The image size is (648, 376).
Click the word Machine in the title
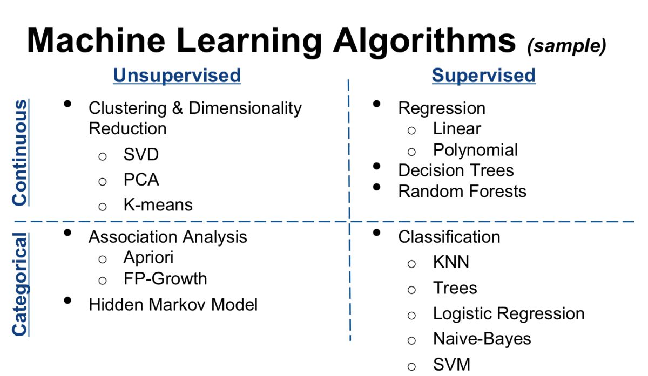click(x=96, y=40)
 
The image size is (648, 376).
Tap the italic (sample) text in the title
click(x=566, y=46)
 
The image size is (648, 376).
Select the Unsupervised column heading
click(x=177, y=76)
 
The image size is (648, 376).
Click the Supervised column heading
click(x=483, y=76)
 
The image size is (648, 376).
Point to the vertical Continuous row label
click(x=19, y=152)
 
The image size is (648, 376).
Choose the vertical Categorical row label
click(x=21, y=284)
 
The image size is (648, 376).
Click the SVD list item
click(x=141, y=154)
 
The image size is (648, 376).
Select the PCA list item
click(x=141, y=180)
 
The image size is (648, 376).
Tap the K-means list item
click(x=158, y=204)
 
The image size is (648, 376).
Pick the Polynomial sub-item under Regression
click(x=475, y=151)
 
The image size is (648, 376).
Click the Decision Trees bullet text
click(x=456, y=170)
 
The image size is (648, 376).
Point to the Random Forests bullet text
click(x=462, y=191)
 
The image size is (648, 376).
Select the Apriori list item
click(x=148, y=257)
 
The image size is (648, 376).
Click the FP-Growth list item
click(x=165, y=278)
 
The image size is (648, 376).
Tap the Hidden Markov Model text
click(x=173, y=304)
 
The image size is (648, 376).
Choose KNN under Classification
click(x=451, y=262)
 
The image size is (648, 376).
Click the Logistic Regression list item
click(x=509, y=314)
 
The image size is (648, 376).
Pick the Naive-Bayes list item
click(x=482, y=339)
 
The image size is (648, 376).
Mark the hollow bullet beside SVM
click(x=411, y=367)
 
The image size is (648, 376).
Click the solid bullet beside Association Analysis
click(x=67, y=233)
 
